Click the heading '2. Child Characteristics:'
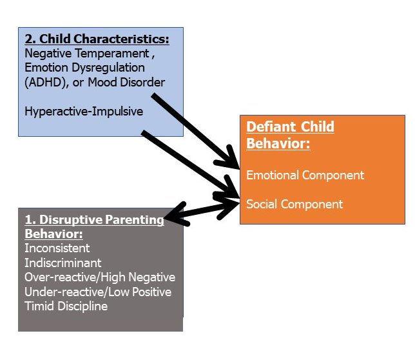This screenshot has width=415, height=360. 97,39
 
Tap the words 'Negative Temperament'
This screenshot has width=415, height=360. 87,54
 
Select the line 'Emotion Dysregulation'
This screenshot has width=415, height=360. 84,68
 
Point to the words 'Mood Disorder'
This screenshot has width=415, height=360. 126,82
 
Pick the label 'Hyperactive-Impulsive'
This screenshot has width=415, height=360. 84,111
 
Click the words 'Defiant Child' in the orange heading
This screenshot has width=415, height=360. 291,127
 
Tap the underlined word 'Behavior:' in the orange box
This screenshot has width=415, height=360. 278,144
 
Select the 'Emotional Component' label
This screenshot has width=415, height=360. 305,175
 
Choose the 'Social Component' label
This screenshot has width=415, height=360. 294,205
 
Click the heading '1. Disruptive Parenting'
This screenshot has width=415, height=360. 95,220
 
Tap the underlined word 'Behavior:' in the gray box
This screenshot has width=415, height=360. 53,234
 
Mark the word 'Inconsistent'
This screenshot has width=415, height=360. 57,248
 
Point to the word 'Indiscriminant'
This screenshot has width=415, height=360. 63,263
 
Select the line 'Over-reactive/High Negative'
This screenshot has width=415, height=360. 100,277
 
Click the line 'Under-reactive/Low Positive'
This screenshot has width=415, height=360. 98,292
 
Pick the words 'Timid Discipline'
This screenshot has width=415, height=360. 66,306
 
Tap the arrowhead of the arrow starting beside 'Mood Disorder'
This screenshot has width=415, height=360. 229,159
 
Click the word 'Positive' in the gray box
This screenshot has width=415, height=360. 151,292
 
